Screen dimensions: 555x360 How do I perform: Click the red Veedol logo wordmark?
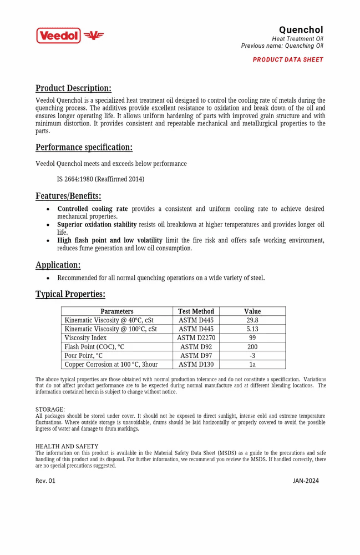tap(59, 36)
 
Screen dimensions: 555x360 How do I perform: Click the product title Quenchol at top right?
tap(301, 30)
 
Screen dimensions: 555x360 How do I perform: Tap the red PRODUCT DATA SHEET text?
tap(288, 60)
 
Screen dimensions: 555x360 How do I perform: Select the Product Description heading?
tap(73, 88)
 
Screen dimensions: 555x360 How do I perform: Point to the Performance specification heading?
tap(84, 147)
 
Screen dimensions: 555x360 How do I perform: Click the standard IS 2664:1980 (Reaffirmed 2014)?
tap(100, 179)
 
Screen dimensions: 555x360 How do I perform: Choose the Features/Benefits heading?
tap(68, 196)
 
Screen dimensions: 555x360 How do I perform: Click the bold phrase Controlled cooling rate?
tap(93, 209)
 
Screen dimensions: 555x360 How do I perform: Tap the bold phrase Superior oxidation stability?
tap(97, 225)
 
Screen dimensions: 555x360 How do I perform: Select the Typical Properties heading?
tap(70, 294)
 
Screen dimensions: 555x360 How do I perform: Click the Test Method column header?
tap(196, 311)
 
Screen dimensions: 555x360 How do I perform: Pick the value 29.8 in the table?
tap(252, 320)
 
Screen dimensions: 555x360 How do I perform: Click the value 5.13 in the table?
tap(252, 329)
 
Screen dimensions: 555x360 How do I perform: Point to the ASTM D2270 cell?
tap(196, 338)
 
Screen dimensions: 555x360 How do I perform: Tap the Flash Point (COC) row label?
tap(94, 347)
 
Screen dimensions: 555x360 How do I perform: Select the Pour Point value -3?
tap(252, 356)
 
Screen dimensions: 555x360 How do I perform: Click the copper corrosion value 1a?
tap(252, 365)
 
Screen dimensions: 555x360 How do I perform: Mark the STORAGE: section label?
tap(50, 410)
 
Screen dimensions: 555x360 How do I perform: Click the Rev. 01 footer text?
tap(45, 481)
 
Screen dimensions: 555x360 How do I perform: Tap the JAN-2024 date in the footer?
tap(306, 481)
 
